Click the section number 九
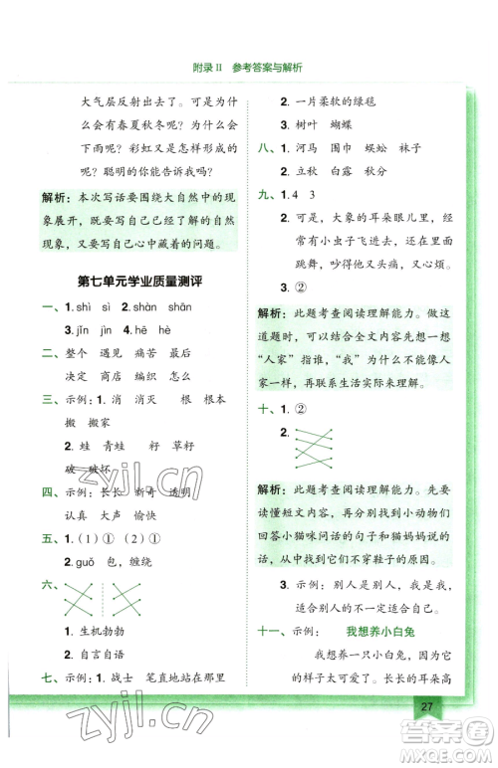click(266, 195)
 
